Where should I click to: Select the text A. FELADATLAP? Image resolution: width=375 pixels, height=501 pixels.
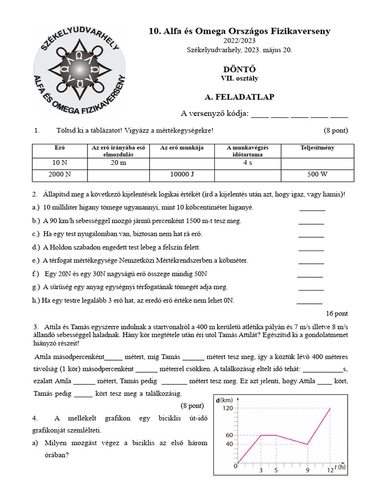point(239,97)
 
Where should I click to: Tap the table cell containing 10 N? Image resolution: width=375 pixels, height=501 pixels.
point(60,163)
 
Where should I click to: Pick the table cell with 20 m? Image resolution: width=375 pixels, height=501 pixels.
point(118,163)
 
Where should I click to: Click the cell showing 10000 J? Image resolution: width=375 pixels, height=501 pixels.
point(182,175)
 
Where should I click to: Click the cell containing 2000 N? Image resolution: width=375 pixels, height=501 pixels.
point(60,175)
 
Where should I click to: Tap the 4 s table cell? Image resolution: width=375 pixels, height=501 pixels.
point(248,163)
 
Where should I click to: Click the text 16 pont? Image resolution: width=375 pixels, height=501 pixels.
point(336,314)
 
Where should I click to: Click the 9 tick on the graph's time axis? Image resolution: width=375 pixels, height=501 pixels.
point(307,470)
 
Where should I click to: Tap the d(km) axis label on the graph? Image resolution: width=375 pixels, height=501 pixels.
point(224,400)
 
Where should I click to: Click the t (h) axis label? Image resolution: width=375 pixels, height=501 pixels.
point(341,467)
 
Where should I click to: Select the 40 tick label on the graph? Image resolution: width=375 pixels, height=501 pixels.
point(229,444)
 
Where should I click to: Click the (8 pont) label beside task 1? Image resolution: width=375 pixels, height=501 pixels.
point(335,131)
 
